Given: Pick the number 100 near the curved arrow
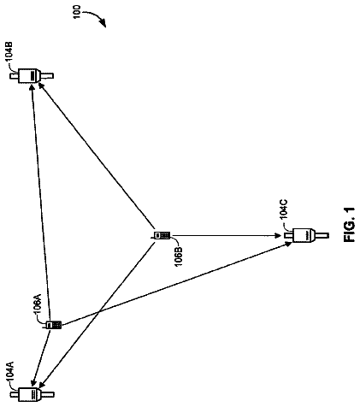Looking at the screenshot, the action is click(77, 12).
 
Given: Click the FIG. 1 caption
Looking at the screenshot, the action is click(350, 225).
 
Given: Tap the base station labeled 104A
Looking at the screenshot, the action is click(32, 394).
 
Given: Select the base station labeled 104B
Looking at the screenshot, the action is click(32, 76).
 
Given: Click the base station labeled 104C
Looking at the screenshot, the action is click(306, 235).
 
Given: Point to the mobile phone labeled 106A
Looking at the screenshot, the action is click(54, 325).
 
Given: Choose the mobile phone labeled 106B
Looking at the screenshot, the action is click(162, 235).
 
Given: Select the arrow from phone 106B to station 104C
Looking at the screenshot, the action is click(226, 235).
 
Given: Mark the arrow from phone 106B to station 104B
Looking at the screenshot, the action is click(96, 156).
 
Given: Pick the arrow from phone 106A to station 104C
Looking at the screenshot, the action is click(176, 284).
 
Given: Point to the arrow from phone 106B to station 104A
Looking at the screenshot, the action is click(97, 314).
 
